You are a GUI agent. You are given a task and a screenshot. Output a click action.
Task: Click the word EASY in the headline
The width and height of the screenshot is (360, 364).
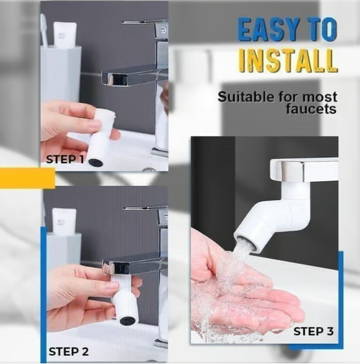[267, 31]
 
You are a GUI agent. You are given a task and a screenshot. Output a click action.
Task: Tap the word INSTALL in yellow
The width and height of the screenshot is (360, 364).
[287, 61]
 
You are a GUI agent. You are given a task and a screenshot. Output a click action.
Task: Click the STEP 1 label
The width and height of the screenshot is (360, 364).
[65, 160]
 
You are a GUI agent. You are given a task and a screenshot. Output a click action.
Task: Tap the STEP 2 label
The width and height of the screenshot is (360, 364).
[68, 352]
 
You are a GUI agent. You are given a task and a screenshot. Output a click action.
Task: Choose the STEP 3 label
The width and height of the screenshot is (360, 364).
[313, 331]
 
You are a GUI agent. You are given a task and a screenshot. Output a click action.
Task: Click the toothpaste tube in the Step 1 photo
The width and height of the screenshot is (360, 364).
[64, 34]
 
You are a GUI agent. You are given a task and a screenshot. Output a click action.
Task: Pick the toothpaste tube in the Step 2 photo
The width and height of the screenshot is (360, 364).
[63, 221]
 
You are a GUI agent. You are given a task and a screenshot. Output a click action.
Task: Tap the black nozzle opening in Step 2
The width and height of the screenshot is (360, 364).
[128, 320]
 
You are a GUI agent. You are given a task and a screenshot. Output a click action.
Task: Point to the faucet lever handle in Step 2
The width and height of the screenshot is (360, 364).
[144, 208]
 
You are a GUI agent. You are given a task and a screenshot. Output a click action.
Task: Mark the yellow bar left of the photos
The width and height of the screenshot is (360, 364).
[27, 179]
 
